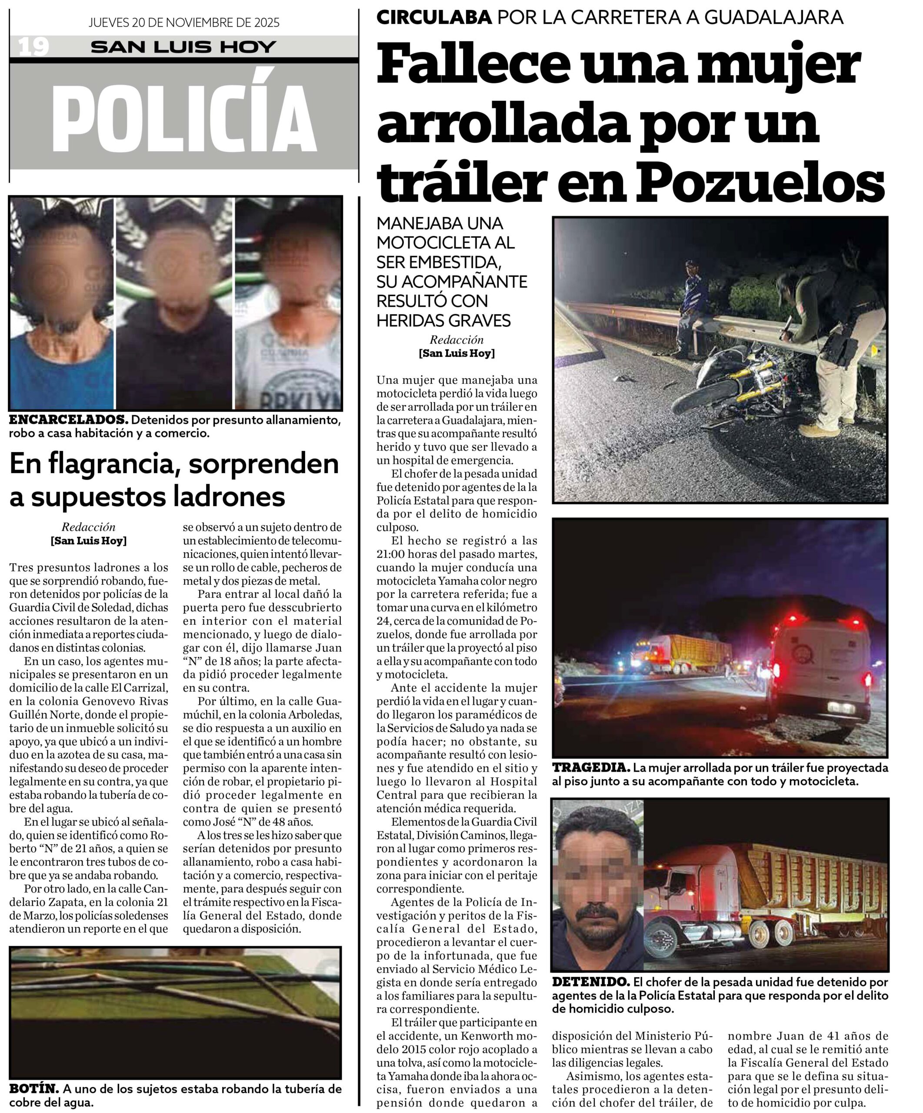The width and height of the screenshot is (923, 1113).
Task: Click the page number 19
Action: point(34,47)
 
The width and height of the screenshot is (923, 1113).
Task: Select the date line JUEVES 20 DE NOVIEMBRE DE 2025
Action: point(184,23)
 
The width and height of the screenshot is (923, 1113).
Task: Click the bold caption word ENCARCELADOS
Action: point(68,420)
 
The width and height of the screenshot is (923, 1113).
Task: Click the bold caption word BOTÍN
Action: point(33,1089)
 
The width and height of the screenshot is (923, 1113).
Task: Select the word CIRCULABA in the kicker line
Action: point(434,17)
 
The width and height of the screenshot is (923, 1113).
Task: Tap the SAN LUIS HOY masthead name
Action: point(183,47)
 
